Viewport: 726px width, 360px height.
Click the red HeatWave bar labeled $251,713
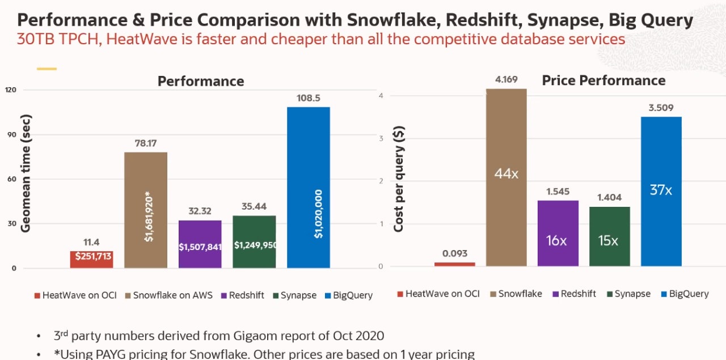[91, 259]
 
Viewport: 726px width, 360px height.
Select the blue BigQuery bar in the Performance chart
[308, 170]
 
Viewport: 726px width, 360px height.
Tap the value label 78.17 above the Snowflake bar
[145, 143]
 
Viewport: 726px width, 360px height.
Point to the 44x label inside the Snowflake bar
[506, 173]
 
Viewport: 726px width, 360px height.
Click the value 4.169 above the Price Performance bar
[506, 79]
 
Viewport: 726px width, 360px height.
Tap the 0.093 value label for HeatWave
[454, 253]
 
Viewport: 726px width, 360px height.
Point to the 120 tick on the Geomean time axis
[11, 90]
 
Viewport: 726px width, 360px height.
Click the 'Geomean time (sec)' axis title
[26, 173]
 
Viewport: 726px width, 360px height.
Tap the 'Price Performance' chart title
[603, 81]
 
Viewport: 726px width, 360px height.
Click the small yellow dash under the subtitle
[47, 69]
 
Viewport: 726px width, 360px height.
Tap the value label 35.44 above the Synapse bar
[254, 207]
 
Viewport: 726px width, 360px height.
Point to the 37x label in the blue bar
[661, 190]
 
